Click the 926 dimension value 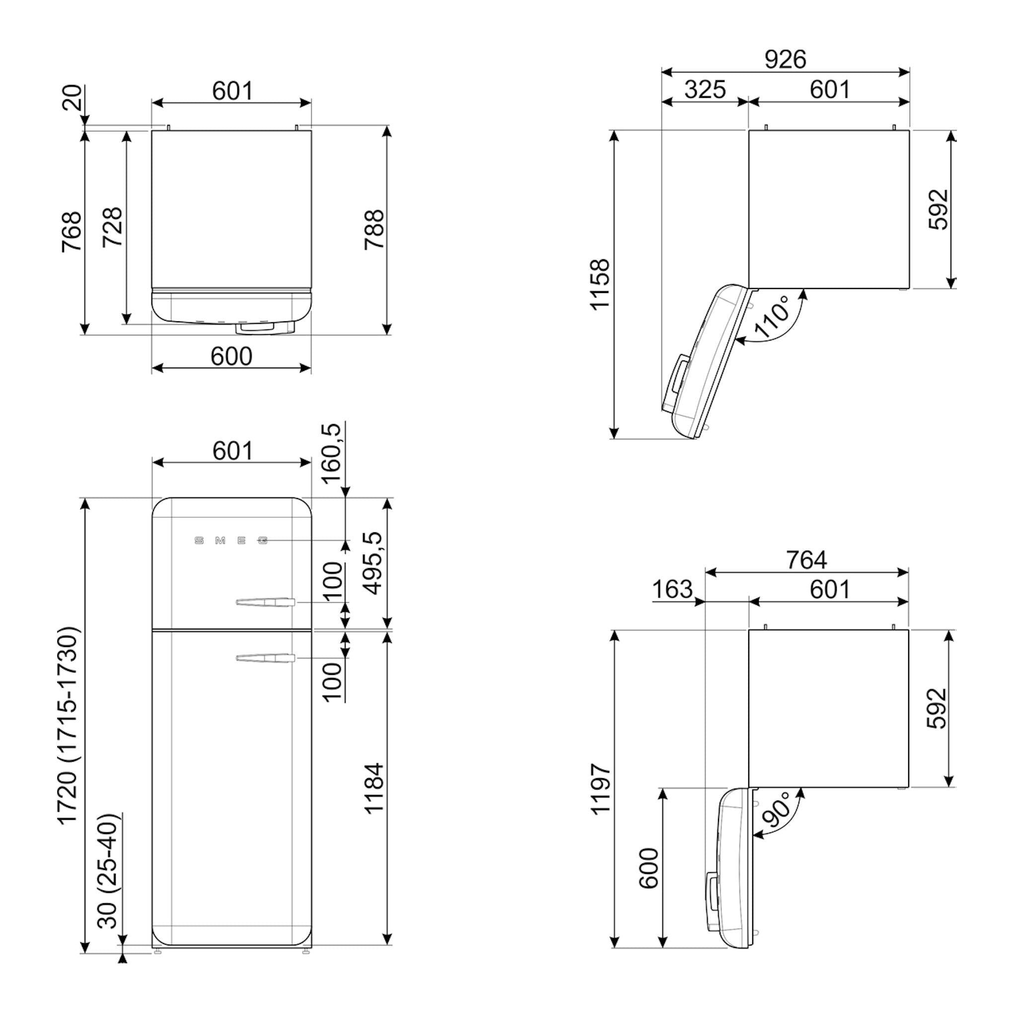coord(785,59)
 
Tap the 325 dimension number coord(705,89)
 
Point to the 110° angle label coord(772,316)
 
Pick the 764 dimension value coord(806,560)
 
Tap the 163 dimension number coord(672,589)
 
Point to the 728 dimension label coord(112,227)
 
